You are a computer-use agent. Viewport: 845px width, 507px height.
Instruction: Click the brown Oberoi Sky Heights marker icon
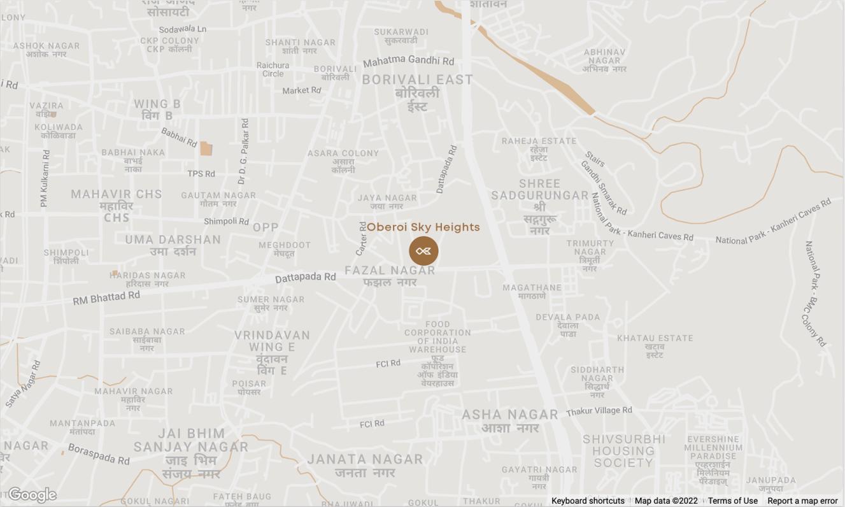423,251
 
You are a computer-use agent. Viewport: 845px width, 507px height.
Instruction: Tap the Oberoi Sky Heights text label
423,227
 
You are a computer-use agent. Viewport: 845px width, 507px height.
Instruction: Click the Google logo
32,495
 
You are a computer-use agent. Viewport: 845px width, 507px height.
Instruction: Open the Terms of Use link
732,501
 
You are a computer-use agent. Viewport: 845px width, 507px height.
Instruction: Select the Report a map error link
802,501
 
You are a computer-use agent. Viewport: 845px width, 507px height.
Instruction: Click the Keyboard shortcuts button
588,501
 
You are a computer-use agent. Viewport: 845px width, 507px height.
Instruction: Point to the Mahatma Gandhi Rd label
408,61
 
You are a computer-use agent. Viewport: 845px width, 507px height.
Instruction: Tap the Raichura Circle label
273,69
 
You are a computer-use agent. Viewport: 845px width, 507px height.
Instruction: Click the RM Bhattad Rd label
106,297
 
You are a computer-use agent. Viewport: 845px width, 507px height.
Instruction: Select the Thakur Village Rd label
599,411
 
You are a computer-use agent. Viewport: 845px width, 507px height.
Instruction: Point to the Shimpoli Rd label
226,222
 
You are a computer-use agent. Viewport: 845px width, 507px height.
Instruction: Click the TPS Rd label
201,173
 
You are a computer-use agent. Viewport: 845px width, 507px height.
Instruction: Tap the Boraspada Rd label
99,453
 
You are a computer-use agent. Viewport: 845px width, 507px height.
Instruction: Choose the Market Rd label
302,90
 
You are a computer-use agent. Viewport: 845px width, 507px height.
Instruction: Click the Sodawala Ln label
183,29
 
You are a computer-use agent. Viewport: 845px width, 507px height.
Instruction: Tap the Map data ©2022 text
666,501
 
